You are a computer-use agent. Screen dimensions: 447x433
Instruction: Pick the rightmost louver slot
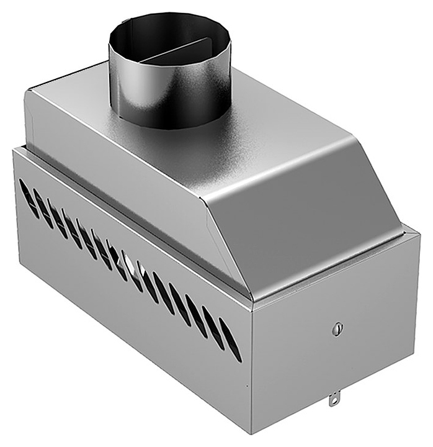230,340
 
